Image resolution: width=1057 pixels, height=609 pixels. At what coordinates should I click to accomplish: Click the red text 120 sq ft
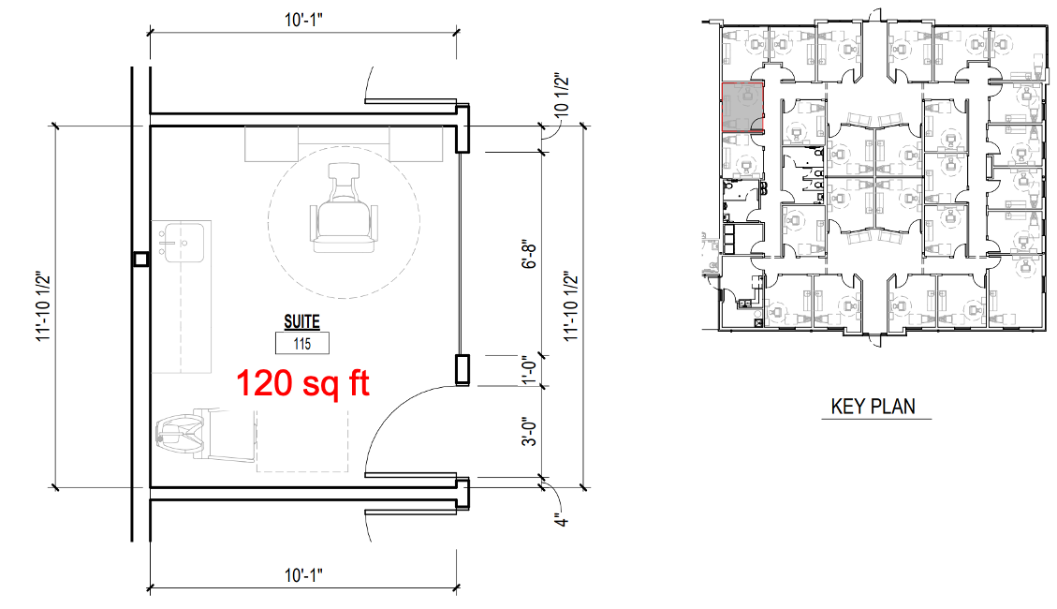(x=302, y=383)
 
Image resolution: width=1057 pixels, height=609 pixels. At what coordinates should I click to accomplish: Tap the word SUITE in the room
(x=302, y=321)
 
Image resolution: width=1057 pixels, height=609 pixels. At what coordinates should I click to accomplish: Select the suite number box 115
(x=302, y=344)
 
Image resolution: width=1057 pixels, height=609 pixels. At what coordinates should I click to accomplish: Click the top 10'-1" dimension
(x=303, y=20)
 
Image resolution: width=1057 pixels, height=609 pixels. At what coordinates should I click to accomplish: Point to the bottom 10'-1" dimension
(x=303, y=575)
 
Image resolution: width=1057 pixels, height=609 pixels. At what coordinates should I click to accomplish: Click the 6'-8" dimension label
(x=530, y=255)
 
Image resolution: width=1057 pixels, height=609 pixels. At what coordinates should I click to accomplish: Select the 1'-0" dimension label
(x=530, y=370)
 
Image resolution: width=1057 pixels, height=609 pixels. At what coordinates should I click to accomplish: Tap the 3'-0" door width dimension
(x=530, y=432)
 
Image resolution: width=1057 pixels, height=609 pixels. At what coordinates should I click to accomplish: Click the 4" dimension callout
(x=561, y=519)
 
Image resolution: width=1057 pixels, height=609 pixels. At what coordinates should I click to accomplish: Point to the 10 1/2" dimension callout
(x=561, y=97)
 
